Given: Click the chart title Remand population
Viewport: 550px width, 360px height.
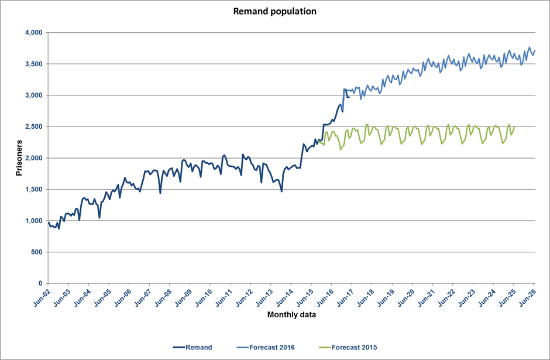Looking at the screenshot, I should (274, 11).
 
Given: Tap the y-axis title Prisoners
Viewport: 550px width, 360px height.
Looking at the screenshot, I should (19, 158).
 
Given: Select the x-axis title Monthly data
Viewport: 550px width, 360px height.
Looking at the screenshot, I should (290, 315).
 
